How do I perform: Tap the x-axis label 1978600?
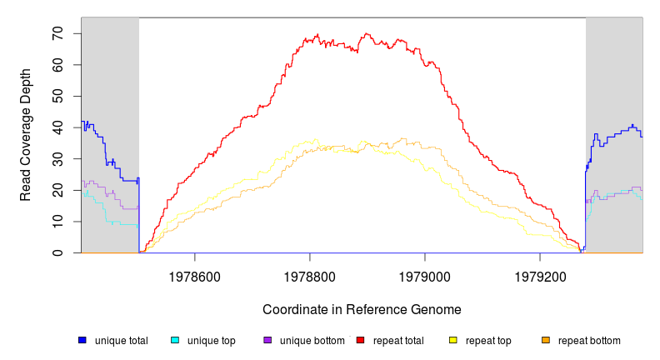[x=195, y=274]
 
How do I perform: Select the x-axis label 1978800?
[x=310, y=274]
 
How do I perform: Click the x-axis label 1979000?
[x=425, y=274]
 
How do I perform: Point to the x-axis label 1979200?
[x=540, y=274]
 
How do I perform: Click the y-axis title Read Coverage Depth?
[x=26, y=135]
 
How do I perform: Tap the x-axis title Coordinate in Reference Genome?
[x=362, y=309]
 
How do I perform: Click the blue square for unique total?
[x=82, y=340]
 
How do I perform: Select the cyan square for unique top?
[x=175, y=340]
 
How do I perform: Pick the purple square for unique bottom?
[x=267, y=340]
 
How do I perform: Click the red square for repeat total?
[x=360, y=340]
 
